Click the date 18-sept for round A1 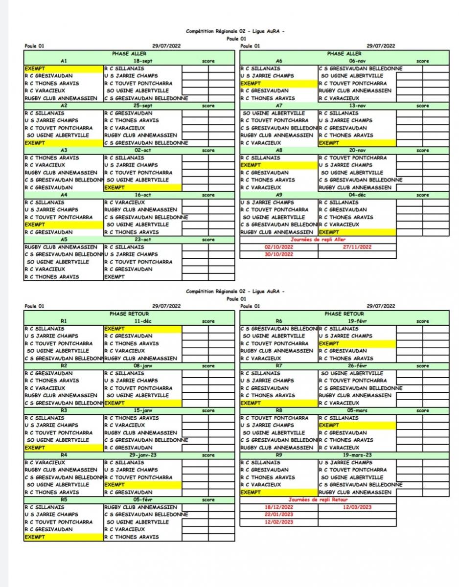click(x=143, y=61)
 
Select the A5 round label click(x=64, y=240)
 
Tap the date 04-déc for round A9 click(x=358, y=195)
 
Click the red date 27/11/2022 click(x=358, y=247)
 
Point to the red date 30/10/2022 click(x=279, y=254)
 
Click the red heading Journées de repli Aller click(x=318, y=240)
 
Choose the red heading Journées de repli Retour click(x=318, y=500)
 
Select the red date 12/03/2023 click(x=358, y=507)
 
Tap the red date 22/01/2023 click(x=279, y=515)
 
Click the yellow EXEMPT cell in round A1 click(x=64, y=68)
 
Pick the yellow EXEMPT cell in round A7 click(x=357, y=143)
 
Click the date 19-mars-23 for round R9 click(x=358, y=455)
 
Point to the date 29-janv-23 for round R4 click(x=143, y=455)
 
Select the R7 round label click(x=279, y=366)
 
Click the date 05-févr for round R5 click(x=143, y=500)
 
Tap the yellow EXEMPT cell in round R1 click(x=142, y=329)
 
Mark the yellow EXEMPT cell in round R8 click(x=357, y=425)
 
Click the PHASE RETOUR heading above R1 click(x=129, y=314)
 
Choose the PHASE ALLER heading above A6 click(x=344, y=54)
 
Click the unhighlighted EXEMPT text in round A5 click(x=115, y=277)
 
